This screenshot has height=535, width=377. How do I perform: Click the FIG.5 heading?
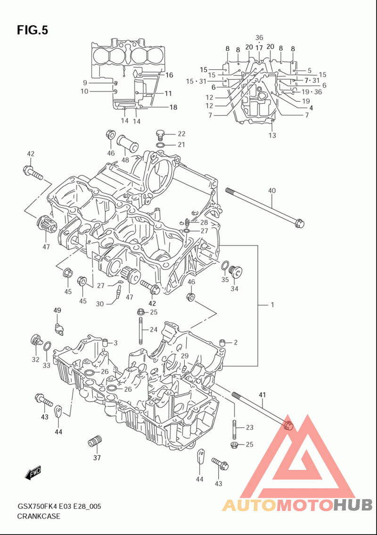pyautogui.click(x=33, y=30)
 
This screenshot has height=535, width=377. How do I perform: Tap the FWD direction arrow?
pyautogui.click(x=33, y=473)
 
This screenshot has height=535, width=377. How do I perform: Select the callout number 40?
pyautogui.click(x=271, y=191)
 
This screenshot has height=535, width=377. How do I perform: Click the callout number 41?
pyautogui.click(x=262, y=395)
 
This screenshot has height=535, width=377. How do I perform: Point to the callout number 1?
pyautogui.click(x=272, y=305)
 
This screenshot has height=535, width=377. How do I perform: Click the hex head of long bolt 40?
pyautogui.click(x=298, y=223)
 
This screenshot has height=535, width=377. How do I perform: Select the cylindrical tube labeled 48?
pyautogui.click(x=128, y=143)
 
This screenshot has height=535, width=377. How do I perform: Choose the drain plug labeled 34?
pyautogui.click(x=236, y=272)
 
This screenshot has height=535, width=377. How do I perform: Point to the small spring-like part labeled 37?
pyautogui.click(x=95, y=441)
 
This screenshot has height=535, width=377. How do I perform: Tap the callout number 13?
pyautogui.click(x=272, y=135)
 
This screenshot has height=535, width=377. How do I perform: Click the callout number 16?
pyautogui.click(x=169, y=75)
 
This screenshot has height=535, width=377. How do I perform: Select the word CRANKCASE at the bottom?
pyautogui.click(x=39, y=516)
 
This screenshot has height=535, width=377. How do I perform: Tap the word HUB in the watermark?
pyautogui.click(x=353, y=505)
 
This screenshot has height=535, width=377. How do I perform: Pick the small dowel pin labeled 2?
pyautogui.click(x=222, y=342)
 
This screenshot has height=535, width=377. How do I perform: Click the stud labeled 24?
pyautogui.click(x=140, y=330)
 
